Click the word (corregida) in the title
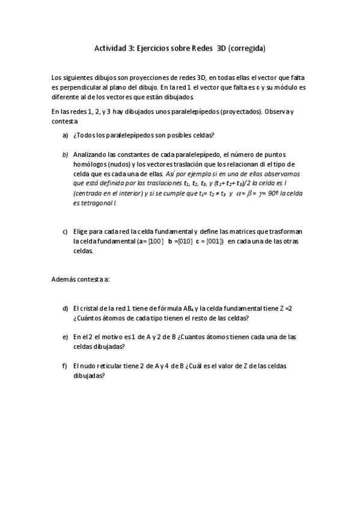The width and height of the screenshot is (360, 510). point(246,48)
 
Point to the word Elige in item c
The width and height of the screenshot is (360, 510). point(81,232)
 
